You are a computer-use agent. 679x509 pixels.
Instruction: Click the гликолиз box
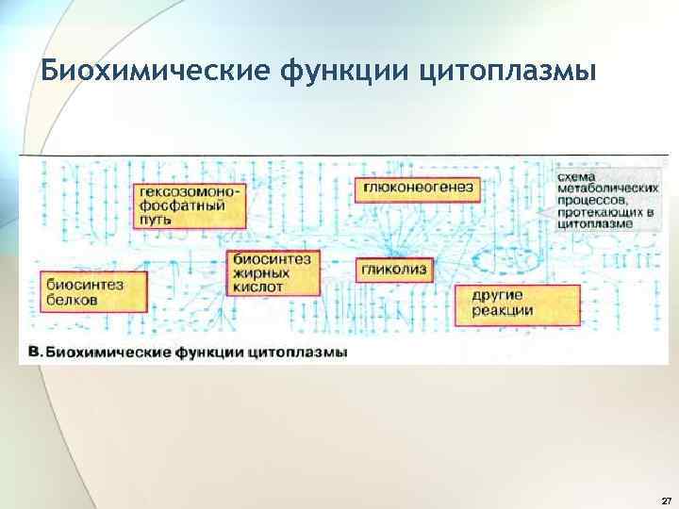[394, 271]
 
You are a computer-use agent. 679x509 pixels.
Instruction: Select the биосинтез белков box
[92, 291]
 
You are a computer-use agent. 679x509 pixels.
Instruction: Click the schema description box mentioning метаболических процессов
[604, 202]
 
